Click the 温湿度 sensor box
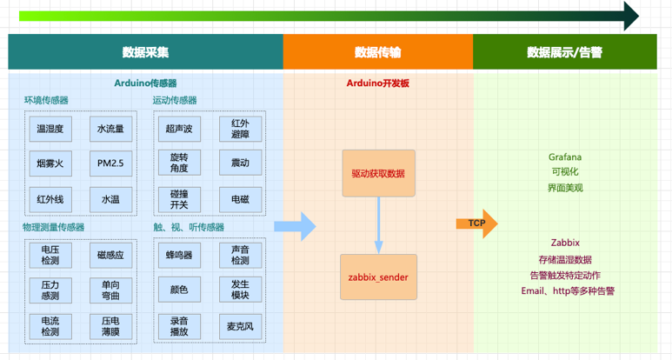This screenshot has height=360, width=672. coord(50,129)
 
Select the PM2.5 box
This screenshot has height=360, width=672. coord(111,163)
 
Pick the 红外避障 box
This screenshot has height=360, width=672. coord(240,129)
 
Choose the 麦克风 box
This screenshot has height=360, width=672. coord(240,326)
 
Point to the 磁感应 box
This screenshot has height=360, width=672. coord(111,256)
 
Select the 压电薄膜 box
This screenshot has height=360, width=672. coord(111,326)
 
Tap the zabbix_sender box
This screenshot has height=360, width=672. coord(378,277)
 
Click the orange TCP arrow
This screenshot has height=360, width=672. coord(476,223)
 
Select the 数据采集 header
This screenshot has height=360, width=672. coord(145,52)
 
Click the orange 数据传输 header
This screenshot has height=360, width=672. coord(378,52)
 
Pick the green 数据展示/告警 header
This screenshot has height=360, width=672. coord(564,52)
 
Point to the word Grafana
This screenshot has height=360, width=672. coord(565,157)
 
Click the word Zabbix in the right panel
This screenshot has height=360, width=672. coord(565,243)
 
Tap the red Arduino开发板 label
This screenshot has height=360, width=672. coord(378,83)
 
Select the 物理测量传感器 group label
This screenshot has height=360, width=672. coord(54,227)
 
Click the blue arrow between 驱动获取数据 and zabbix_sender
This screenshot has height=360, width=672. coord(378,224)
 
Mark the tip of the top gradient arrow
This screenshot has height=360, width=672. coord(637,15)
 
